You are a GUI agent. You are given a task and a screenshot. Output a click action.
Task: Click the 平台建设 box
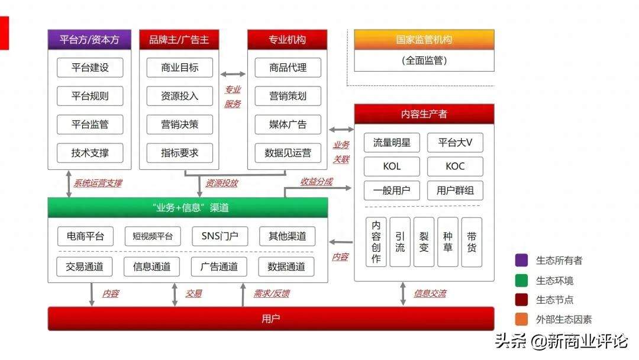click(91, 67)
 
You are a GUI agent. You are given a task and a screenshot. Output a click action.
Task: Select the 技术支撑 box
click(91, 153)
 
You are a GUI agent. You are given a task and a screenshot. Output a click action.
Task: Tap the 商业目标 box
click(180, 67)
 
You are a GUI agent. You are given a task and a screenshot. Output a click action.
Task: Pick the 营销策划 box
click(288, 96)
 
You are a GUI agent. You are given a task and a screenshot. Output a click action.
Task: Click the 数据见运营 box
click(288, 153)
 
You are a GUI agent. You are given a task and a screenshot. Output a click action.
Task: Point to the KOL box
click(392, 166)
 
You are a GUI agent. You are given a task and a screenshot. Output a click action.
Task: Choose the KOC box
click(455, 166)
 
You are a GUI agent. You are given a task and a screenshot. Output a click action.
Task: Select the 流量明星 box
click(392, 143)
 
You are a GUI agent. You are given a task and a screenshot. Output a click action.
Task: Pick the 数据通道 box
click(286, 266)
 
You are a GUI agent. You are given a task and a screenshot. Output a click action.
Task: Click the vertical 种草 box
click(448, 242)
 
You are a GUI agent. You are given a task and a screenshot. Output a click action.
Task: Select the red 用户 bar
click(270, 319)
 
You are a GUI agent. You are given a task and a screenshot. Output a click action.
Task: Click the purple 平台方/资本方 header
click(89, 40)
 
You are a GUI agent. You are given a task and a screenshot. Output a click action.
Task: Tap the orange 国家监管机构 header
click(424, 40)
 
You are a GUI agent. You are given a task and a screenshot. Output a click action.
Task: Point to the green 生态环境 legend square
click(521, 280)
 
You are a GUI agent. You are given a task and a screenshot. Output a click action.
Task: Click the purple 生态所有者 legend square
click(521, 260)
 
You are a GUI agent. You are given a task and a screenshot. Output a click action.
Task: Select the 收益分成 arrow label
click(317, 182)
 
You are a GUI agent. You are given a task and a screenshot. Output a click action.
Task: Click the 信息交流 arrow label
click(430, 293)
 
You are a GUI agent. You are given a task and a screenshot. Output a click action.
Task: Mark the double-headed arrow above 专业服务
click(233, 74)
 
